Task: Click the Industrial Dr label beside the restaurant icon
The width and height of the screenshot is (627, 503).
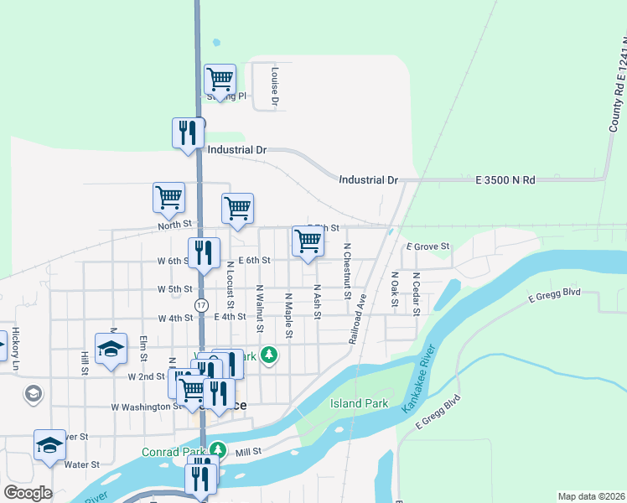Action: [x=237, y=150]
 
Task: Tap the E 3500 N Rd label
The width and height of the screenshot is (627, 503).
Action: [x=506, y=180]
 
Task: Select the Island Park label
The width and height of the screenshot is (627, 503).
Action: [x=360, y=403]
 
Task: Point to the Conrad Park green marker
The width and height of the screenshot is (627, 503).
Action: [x=217, y=449]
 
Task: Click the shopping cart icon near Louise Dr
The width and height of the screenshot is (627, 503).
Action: [x=220, y=80]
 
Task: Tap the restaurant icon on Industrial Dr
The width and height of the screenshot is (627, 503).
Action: [x=188, y=132]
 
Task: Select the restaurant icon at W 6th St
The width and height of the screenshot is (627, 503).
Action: [x=204, y=252]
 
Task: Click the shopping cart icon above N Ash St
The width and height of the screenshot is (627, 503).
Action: [x=308, y=241]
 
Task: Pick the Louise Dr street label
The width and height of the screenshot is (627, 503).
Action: [x=274, y=87]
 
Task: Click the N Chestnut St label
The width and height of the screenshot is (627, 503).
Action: [x=346, y=272]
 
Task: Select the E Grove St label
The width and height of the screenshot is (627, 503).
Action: [x=428, y=246]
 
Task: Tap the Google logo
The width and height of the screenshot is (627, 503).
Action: [x=28, y=493]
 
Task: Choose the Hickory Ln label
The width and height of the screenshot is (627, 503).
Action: [x=15, y=348]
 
